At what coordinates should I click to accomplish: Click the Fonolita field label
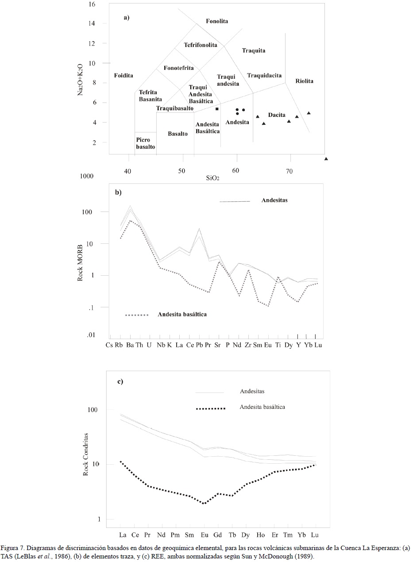click(217, 21)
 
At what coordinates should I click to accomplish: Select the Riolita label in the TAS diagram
click(305, 81)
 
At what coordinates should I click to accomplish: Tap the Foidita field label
click(123, 76)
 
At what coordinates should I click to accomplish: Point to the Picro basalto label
click(146, 143)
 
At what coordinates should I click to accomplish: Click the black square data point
click(217, 109)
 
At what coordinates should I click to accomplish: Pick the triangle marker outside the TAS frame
click(326, 158)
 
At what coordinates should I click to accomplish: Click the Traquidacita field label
click(264, 76)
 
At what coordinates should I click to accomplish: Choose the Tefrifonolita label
click(201, 45)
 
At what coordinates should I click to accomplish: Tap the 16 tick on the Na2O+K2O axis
click(92, 4)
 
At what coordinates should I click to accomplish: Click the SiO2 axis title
click(210, 178)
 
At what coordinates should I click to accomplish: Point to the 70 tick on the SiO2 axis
click(290, 171)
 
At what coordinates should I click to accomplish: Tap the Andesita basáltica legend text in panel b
click(182, 315)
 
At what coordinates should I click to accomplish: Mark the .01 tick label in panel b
click(91, 335)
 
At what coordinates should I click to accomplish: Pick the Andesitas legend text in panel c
click(252, 392)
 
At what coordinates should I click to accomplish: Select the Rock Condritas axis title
click(86, 454)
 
